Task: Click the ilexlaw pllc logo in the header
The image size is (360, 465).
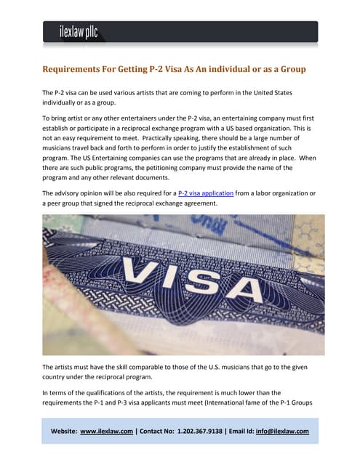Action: point(79,32)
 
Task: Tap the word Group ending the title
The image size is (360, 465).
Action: point(289,69)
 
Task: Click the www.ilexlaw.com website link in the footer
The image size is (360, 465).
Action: point(106,431)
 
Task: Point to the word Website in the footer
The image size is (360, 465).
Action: point(63,431)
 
